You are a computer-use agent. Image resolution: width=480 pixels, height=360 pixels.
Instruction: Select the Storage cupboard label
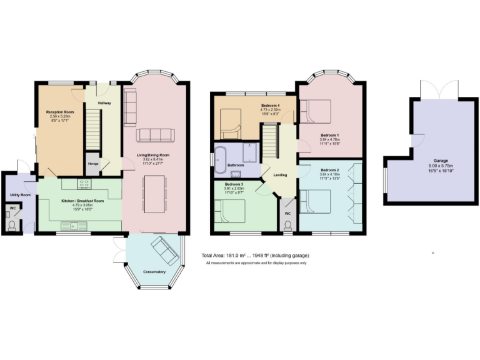point(92,164)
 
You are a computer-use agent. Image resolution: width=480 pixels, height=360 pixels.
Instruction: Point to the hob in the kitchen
point(84,184)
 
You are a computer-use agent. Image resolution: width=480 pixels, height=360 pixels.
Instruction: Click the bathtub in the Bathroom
point(221,159)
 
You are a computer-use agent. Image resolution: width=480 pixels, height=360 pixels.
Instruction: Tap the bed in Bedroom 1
point(316,112)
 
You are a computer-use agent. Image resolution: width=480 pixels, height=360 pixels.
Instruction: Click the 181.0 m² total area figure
point(246,256)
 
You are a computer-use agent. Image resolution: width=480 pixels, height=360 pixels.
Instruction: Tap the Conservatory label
point(154,272)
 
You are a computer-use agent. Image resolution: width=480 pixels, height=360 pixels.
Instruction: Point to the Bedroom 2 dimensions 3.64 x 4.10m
point(329,174)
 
